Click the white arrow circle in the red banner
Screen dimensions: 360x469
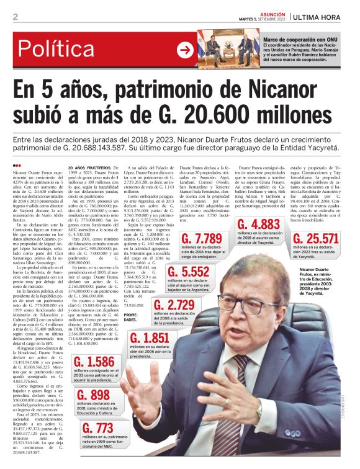(x=185, y=50)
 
